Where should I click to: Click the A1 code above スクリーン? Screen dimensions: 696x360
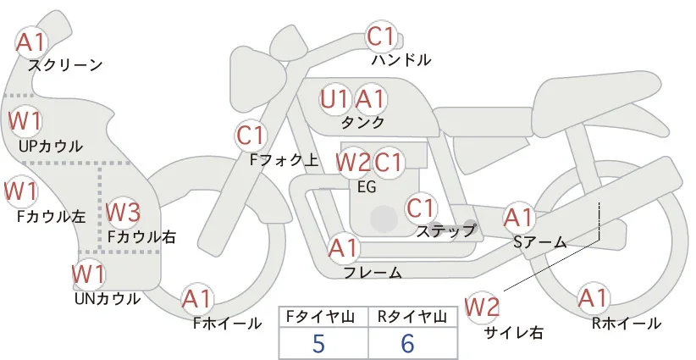point(31,42)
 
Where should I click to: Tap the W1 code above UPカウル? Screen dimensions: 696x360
point(25,122)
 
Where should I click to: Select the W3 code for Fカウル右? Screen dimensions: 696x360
point(124,212)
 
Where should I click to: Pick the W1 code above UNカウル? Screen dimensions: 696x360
point(89,274)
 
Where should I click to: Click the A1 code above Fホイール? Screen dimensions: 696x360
point(196,298)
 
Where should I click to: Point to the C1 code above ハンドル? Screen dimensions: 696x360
point(381,36)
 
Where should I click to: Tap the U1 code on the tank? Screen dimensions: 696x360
point(334,99)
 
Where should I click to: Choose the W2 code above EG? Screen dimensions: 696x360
point(353,162)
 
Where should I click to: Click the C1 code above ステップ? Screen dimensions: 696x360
point(420,208)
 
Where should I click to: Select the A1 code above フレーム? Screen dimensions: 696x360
point(343,247)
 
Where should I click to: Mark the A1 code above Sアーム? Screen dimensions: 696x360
point(518,218)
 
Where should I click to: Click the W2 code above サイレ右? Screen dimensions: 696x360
point(482,307)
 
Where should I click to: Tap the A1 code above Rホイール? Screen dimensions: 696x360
point(593,297)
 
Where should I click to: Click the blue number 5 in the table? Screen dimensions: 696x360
point(318,343)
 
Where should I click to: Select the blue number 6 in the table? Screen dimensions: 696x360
point(407,343)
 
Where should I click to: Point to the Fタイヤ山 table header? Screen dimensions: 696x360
point(320,317)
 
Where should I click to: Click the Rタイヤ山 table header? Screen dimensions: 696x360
point(412,317)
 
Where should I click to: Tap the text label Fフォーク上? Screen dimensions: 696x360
point(284,160)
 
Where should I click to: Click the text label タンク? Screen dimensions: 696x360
point(362,122)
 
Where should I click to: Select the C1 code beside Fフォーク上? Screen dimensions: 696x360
point(251,136)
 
